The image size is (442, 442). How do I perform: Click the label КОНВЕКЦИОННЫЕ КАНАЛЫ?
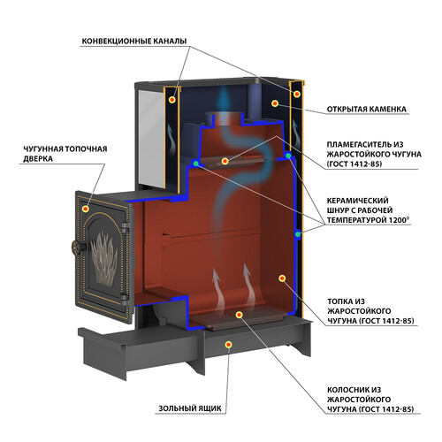coord(134,41)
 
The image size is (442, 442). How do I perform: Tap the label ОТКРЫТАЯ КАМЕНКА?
coord(367,109)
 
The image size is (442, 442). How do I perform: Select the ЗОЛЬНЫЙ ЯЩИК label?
coord(190,408)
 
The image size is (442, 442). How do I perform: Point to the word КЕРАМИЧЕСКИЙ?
coord(357,201)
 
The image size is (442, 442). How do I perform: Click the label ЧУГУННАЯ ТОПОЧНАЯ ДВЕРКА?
coord(65,154)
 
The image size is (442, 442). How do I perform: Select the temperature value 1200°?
coord(399,220)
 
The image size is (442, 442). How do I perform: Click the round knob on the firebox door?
coord(78,248)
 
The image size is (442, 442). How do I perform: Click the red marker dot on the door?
coord(86,209)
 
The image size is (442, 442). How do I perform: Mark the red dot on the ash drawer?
coord(228,345)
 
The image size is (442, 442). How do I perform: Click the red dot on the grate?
coord(239,315)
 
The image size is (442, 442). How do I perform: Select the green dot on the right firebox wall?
coord(298,234)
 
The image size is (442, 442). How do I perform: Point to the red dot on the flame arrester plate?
coord(225,161)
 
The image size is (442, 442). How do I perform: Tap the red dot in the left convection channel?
coord(172,100)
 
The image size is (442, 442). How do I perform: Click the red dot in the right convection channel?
coord(297,95)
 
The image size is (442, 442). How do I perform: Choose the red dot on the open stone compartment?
coord(275,103)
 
